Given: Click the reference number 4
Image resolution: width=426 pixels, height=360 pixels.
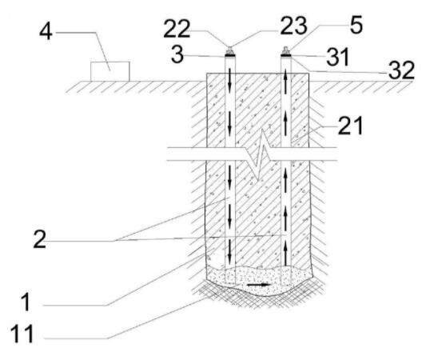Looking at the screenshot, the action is click(x=46, y=32).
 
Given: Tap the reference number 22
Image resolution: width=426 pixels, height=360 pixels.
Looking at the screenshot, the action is click(x=177, y=29).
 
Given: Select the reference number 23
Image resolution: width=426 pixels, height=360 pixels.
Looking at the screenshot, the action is click(x=293, y=26).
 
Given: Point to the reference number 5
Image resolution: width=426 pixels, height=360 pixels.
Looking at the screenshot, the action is click(x=356, y=25).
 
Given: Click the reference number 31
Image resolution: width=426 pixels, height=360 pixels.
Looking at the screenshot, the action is click(x=337, y=57).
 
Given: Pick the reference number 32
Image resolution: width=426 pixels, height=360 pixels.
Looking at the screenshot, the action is click(x=401, y=70).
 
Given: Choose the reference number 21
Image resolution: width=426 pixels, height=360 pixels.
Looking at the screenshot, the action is click(x=351, y=126).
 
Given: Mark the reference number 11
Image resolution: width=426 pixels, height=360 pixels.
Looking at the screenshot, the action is click(x=22, y=334).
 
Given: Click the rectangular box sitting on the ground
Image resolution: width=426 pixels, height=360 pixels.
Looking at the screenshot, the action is click(x=110, y=71).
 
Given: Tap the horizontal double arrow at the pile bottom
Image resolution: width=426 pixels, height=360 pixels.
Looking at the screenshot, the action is click(x=259, y=285).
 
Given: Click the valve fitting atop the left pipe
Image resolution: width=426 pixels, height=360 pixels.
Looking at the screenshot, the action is click(x=230, y=50).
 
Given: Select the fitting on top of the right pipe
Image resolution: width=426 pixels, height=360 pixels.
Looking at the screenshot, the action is click(x=285, y=50).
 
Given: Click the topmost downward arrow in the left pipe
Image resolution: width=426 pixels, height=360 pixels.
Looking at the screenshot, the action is click(x=230, y=80).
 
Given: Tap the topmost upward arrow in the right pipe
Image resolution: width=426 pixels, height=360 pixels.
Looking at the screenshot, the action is click(x=285, y=80).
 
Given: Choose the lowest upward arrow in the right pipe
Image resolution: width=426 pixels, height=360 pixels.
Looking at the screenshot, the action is click(x=285, y=254).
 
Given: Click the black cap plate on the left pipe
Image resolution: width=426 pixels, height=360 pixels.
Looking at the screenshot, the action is click(x=230, y=56).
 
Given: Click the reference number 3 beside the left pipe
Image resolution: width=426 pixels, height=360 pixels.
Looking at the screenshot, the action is click(x=177, y=55).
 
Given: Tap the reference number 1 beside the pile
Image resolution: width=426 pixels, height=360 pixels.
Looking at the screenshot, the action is click(x=26, y=302).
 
